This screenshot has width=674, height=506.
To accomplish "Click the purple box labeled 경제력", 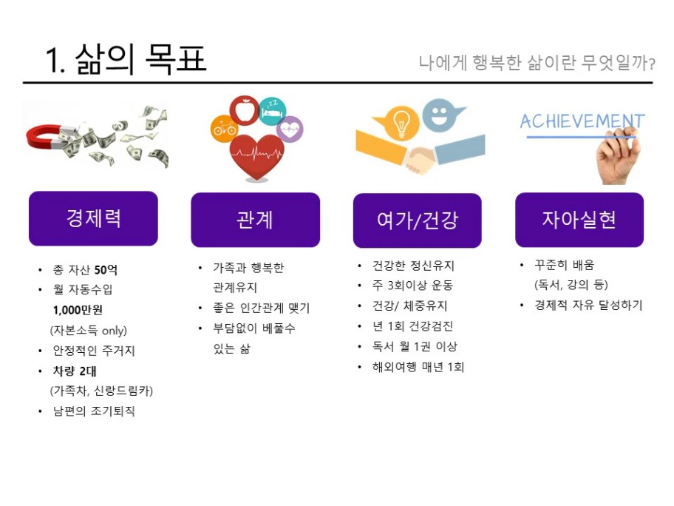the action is tap(93, 218).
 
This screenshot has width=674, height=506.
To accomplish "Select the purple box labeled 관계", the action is tap(255, 220).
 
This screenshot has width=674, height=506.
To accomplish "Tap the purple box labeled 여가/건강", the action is tap(418, 220).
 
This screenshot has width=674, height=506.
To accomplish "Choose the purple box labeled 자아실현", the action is tap(579, 220).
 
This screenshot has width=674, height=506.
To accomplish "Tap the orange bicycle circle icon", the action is tap(224, 128).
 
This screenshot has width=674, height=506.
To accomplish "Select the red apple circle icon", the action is tap(245, 110).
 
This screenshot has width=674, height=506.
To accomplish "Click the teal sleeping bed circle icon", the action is tap(273, 112).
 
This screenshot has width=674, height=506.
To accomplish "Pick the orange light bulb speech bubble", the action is tap(398, 122).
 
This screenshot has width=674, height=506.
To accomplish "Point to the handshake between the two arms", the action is tap(420, 159).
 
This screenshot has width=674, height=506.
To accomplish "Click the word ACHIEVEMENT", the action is tap(582, 121).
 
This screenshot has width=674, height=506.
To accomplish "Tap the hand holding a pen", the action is tap(617, 158).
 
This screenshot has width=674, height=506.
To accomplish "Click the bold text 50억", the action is tap(106, 270).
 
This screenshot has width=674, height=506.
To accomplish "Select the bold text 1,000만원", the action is tap(78, 310).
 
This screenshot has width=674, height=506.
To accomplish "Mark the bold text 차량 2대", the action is tap(75, 371).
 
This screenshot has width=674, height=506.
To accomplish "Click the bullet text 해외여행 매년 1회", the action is tap(418, 367).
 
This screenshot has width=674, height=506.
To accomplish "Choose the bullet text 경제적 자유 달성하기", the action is tap(588, 305).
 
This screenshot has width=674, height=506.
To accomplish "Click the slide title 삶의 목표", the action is tap(141, 59).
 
